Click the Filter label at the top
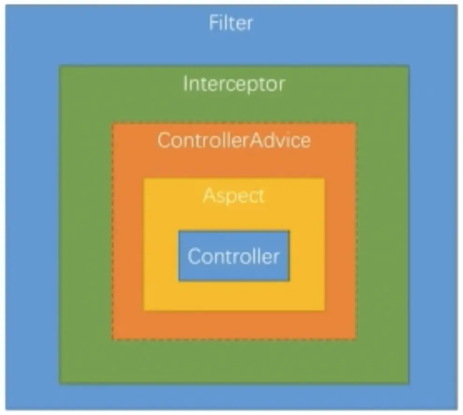pos(231,23)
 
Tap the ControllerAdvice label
pos(234,140)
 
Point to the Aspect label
pos(234,195)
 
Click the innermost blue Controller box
pos(234,256)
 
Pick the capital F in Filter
pos(214,23)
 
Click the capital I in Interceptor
pos(185,83)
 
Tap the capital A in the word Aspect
pos(210,195)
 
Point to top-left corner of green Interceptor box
pos(59,66)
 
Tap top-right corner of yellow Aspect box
pos(325,178)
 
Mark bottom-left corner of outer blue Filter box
pos(5,410)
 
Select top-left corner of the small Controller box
pos(178,230)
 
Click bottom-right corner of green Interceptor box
pos(410,384)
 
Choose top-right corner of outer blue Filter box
pos(458,5)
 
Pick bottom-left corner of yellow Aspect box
pos(144,311)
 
